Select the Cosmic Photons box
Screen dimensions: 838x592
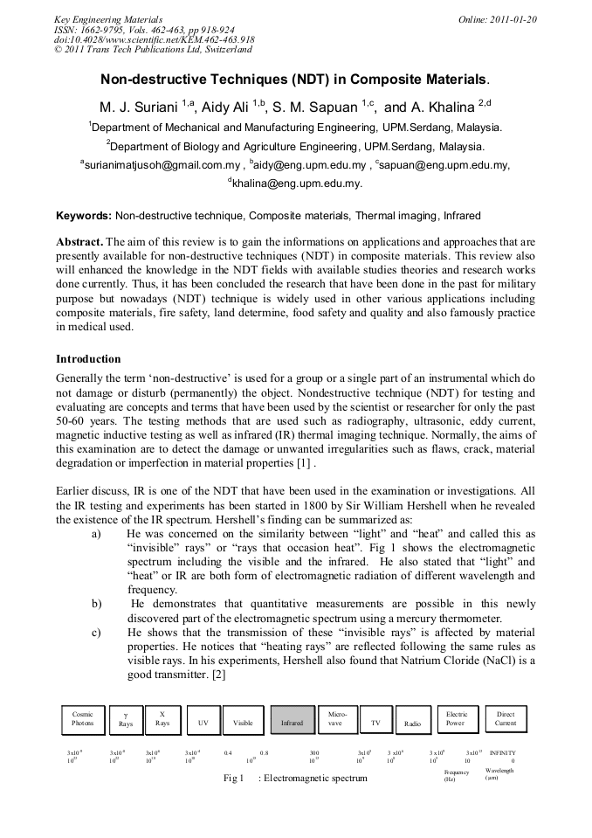[82, 718]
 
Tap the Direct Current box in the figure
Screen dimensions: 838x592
[506, 718]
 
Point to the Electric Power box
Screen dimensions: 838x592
[457, 718]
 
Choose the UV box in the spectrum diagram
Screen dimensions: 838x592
[203, 723]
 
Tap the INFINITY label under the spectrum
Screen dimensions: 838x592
[502, 752]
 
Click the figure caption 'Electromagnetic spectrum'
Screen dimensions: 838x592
[315, 778]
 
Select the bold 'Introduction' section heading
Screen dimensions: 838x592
[88, 359]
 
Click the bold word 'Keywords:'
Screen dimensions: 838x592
[84, 215]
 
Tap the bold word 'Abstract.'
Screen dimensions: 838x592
[80, 241]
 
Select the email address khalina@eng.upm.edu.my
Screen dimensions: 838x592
[296, 184]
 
